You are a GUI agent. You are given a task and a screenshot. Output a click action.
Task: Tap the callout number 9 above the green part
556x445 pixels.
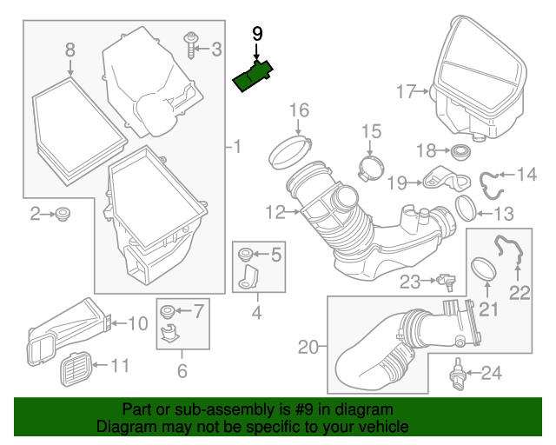(256, 34)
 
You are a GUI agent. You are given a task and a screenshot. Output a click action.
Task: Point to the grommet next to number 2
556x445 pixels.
(63, 214)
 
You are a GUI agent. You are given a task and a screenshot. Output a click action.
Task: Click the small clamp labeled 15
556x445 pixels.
(372, 166)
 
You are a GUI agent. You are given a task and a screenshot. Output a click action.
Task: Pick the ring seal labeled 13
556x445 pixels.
(467, 208)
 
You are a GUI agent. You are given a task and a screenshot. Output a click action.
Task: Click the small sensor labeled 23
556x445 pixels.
(448, 281)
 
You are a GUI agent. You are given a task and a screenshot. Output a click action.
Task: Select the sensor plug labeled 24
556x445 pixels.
(457, 375)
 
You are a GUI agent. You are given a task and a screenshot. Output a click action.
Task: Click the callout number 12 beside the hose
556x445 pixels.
(275, 211)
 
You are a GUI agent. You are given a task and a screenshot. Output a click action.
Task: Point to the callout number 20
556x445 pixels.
(309, 348)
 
